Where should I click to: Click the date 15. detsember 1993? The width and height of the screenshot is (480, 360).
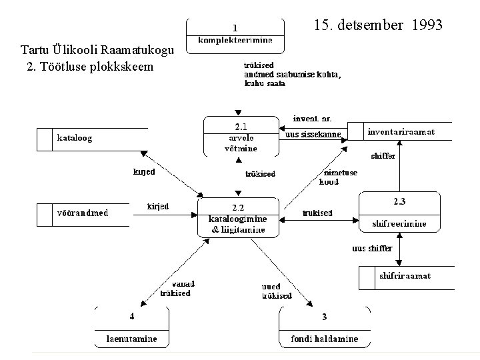377,26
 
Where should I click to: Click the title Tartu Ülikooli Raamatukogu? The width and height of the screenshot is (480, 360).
97,51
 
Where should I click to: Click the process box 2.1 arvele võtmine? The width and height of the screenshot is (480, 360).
241,137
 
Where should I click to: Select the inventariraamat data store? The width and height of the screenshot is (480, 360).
401,132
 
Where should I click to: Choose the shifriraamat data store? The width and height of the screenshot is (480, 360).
405,275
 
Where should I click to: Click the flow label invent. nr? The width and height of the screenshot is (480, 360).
312,119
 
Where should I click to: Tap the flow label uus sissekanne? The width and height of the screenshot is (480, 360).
313,135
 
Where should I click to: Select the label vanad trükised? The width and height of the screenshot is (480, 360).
175,288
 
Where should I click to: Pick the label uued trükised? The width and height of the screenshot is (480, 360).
276,291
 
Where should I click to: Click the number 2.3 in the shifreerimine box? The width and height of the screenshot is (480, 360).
399,201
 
